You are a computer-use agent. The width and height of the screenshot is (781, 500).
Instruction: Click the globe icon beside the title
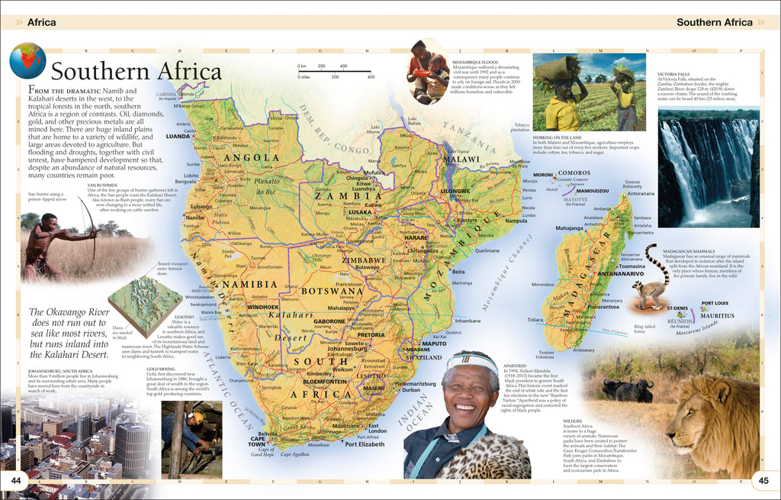[28, 61]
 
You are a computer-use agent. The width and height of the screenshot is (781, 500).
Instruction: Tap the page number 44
[15, 479]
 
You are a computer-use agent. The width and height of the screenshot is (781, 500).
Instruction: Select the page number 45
[763, 479]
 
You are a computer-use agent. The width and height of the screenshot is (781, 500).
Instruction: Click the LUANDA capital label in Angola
[177, 136]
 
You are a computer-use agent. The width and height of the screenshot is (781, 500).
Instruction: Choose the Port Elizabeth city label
[369, 444]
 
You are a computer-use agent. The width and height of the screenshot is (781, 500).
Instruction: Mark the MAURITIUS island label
[718, 315]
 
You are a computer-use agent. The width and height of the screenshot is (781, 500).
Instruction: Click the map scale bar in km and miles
[336, 71]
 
